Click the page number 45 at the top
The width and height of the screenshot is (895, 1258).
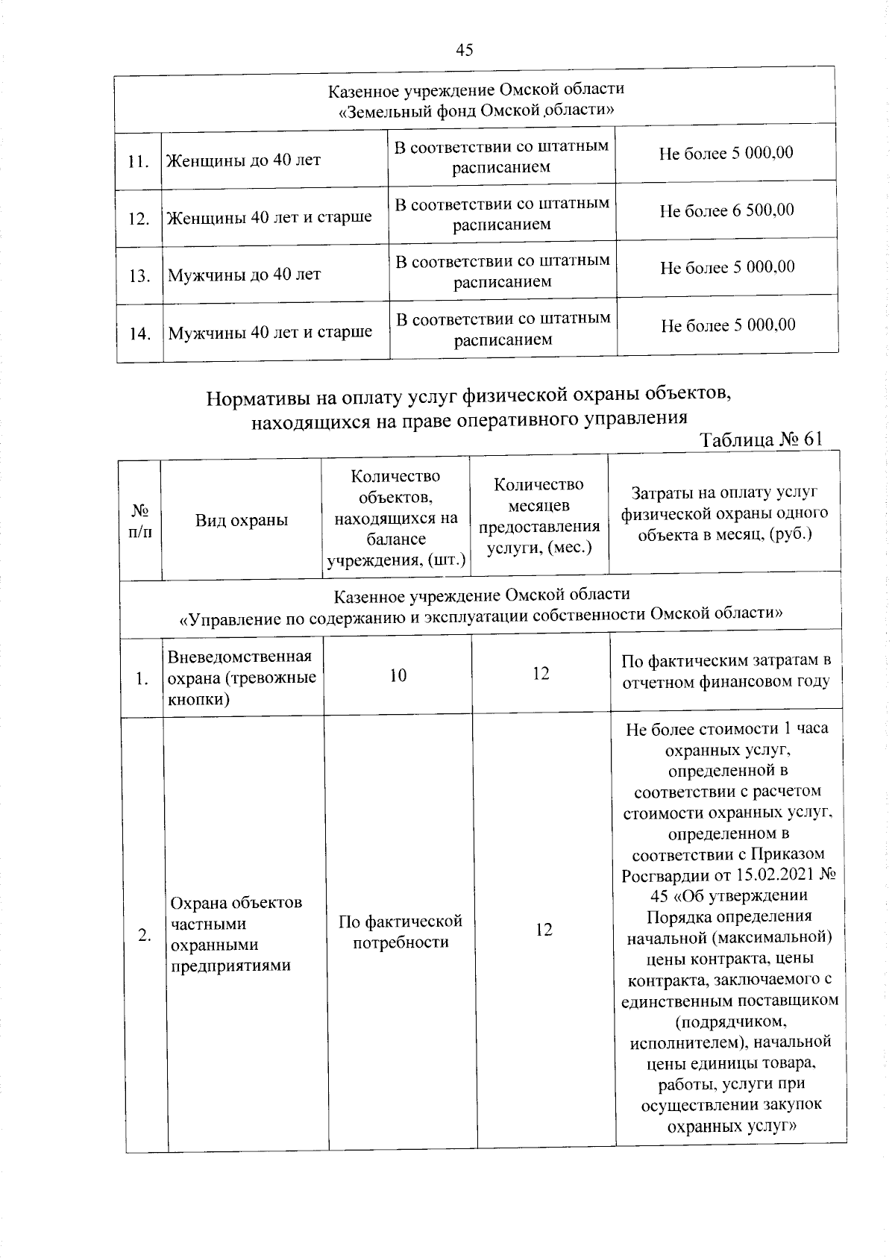(x=464, y=50)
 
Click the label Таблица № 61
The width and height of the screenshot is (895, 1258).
(x=761, y=439)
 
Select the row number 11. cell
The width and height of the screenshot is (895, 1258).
(x=139, y=161)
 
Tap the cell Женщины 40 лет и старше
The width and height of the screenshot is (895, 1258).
(x=269, y=218)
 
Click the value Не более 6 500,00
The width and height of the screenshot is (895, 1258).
(x=726, y=211)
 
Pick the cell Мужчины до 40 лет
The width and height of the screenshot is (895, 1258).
(x=244, y=275)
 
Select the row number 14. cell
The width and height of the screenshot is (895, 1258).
(x=139, y=334)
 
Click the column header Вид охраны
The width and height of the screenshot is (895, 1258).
(x=242, y=520)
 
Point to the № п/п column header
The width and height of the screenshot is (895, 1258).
(x=139, y=520)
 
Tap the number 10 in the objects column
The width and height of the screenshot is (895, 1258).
(x=398, y=676)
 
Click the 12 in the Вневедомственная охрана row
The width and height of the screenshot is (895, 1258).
(x=541, y=674)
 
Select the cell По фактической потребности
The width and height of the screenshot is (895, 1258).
(x=401, y=931)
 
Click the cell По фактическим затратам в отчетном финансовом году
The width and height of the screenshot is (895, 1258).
(x=726, y=671)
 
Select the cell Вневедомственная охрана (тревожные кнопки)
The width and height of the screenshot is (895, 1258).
(x=242, y=677)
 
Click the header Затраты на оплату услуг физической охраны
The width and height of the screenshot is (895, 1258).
(x=724, y=513)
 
